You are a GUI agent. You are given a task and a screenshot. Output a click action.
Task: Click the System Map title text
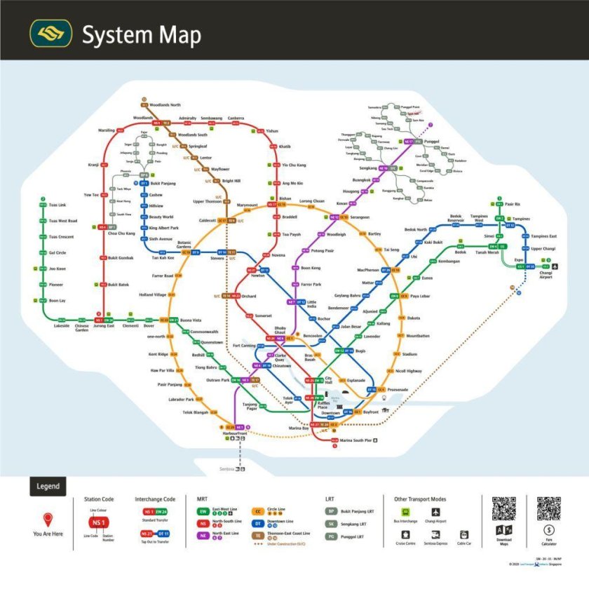point(141,34)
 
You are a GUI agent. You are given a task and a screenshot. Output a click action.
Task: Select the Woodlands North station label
point(164,104)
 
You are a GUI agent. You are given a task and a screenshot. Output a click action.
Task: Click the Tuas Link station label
point(57,205)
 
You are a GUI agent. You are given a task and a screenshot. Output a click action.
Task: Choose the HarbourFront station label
point(233,434)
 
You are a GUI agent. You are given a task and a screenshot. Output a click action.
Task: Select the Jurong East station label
point(104,326)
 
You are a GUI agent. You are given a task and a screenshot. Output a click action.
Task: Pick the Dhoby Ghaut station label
point(280,330)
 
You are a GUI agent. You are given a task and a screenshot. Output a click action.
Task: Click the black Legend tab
point(48,486)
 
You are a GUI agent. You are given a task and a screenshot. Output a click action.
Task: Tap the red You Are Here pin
point(48,520)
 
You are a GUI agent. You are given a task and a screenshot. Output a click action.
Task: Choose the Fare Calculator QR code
point(548,508)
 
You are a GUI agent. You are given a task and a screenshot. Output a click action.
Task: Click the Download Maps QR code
point(503,508)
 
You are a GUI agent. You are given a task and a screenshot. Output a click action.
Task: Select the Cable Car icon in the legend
point(463,534)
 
